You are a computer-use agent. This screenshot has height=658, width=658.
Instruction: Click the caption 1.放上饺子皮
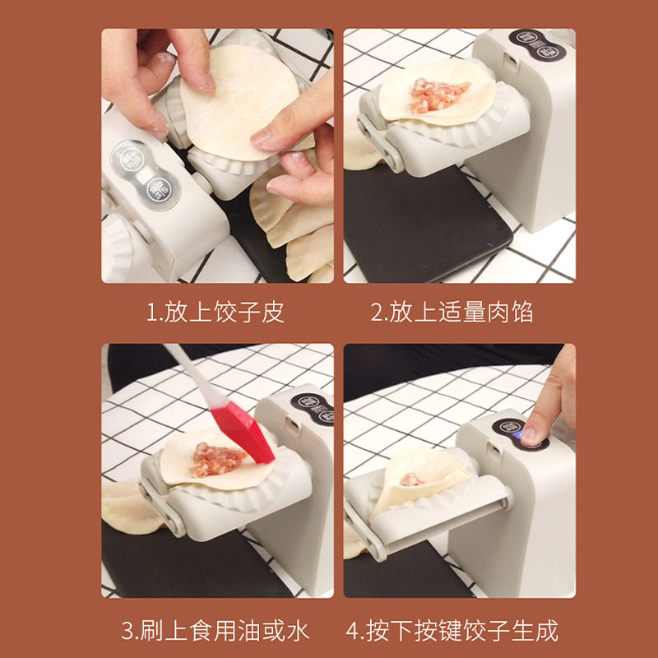coord(215,313)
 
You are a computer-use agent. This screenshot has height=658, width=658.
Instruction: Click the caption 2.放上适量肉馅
coord(452,313)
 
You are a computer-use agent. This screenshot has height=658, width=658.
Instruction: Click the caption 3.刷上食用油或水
coord(215,631)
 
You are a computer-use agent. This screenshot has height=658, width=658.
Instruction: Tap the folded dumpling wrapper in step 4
coord(411,485)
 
